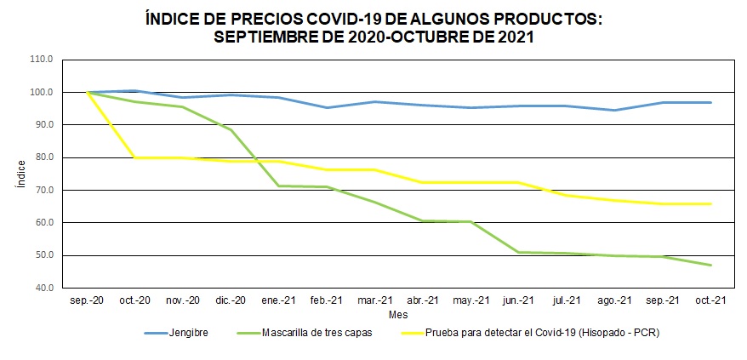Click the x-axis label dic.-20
click(231, 301)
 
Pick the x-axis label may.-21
click(470, 301)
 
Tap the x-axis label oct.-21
click(710, 301)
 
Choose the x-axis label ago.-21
click(614, 301)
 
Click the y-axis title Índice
click(21, 174)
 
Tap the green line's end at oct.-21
click(710, 265)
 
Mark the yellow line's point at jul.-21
click(567, 195)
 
